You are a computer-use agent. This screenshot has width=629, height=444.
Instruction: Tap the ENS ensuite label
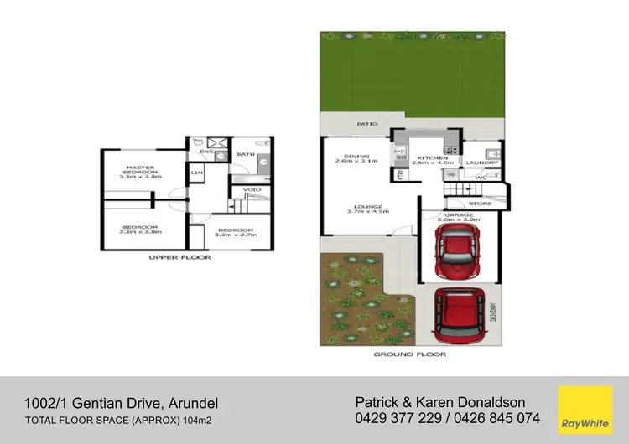[x=205, y=152]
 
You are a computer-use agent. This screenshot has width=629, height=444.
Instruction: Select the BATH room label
[x=245, y=154]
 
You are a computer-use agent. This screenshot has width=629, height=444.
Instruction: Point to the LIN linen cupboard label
[x=198, y=173]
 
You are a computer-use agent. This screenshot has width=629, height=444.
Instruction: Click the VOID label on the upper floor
[x=252, y=189]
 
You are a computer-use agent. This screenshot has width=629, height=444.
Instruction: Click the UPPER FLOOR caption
[x=180, y=257]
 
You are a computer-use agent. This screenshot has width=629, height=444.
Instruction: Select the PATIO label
[x=366, y=123]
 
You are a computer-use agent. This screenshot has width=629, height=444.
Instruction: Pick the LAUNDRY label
[x=481, y=163]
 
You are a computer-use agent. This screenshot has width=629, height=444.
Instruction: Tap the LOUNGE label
[x=368, y=209]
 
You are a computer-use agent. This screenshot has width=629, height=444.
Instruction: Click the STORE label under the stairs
[x=480, y=203]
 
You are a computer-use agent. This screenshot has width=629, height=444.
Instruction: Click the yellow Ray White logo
[x=585, y=408]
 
